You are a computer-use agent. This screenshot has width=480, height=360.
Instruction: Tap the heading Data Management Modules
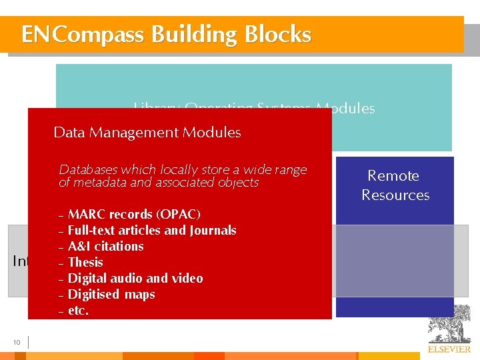(x=147, y=132)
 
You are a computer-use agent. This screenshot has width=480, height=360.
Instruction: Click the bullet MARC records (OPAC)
(x=134, y=214)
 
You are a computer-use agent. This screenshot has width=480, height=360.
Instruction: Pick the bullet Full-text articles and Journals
(x=152, y=230)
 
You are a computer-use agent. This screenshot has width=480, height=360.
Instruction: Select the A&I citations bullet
(x=105, y=246)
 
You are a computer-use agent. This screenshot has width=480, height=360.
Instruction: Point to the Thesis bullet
(x=85, y=262)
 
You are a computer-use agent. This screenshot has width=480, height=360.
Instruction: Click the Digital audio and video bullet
(x=135, y=278)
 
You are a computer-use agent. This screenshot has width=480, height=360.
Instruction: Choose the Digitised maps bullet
(x=111, y=294)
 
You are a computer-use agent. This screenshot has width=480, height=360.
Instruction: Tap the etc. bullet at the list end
(x=78, y=310)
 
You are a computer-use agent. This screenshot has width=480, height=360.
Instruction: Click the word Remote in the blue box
(x=393, y=175)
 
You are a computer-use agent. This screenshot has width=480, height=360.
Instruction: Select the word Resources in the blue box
(x=395, y=195)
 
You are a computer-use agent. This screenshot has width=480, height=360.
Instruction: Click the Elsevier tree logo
(x=448, y=325)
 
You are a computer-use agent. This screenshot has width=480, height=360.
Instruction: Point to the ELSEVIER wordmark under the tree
(x=448, y=349)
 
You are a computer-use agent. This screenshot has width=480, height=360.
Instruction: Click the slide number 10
(x=17, y=343)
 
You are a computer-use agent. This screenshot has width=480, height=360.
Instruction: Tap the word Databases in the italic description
(x=88, y=169)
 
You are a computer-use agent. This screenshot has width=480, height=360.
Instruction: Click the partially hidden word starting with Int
(x=20, y=261)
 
